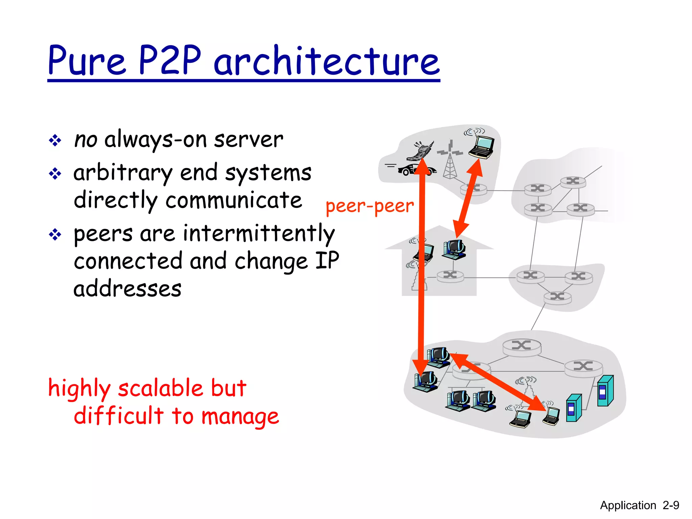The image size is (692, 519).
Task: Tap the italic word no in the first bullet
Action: [x=85, y=140]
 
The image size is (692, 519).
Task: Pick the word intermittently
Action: [x=259, y=234]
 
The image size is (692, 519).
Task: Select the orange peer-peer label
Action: [x=370, y=206]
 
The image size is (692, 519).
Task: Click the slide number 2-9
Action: [x=671, y=505]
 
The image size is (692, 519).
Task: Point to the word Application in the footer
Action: [x=628, y=505]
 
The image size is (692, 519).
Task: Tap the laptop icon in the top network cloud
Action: [x=482, y=147]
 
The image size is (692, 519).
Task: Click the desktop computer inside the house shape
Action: [x=454, y=249]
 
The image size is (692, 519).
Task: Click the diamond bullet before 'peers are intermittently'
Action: [x=55, y=234]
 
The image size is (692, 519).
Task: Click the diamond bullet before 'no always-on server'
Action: [x=55, y=140]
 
